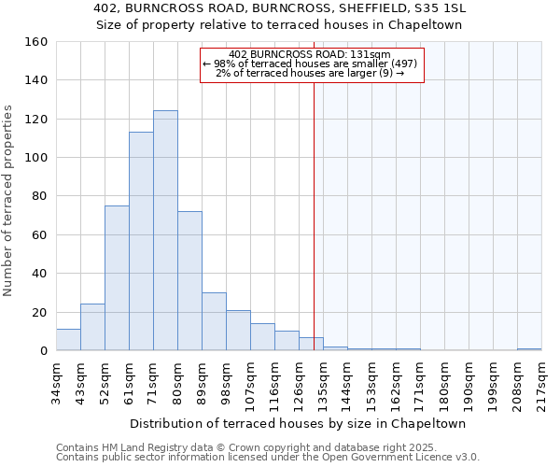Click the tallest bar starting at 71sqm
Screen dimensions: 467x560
pyautogui.click(x=165, y=231)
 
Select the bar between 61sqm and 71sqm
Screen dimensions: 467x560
pyautogui.click(x=141, y=241)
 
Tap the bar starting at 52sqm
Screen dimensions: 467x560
pyautogui.click(x=117, y=278)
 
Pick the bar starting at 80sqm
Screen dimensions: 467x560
pyautogui.click(x=189, y=281)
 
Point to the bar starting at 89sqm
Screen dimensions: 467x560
pyautogui.click(x=214, y=321)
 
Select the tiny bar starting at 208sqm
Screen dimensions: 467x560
pyautogui.click(x=529, y=349)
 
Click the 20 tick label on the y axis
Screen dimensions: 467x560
pyautogui.click(x=39, y=312)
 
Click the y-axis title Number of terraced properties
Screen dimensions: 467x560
pyautogui.click(x=9, y=201)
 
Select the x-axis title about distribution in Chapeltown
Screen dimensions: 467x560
pyautogui.click(x=299, y=423)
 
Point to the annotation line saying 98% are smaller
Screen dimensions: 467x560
pyautogui.click(x=313, y=64)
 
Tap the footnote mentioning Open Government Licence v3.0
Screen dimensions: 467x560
pyautogui.click(x=268, y=457)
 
